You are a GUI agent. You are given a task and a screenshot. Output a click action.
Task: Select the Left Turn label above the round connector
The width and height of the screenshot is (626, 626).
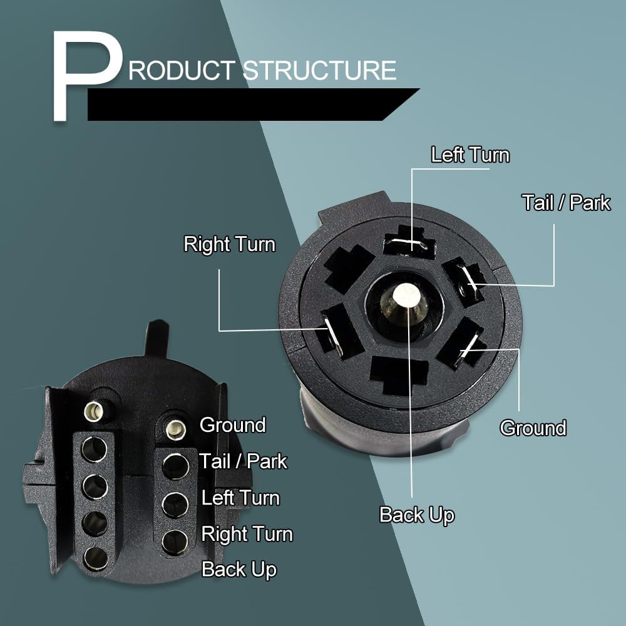coord(470,155)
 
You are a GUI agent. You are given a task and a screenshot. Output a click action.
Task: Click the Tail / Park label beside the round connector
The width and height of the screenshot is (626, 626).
coord(566,202)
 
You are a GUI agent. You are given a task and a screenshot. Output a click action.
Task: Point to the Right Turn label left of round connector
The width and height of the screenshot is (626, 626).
coord(229,244)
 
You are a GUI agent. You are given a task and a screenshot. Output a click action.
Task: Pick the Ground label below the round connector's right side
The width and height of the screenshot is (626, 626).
coord(533,428)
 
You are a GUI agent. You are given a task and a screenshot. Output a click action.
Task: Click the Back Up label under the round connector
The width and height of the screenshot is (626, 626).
coord(416,515)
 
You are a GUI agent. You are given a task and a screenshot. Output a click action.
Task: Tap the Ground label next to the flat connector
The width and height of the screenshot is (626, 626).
coord(232,425)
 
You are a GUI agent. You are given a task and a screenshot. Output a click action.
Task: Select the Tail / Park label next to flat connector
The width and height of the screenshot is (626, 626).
coord(244,461)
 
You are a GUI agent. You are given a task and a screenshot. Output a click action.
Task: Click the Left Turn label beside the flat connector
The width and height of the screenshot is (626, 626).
coord(240,498)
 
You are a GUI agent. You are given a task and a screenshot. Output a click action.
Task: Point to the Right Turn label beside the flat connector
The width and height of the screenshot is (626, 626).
coord(247,534)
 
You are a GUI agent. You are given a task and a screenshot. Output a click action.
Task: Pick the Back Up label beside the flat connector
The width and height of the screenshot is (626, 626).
coord(239,570)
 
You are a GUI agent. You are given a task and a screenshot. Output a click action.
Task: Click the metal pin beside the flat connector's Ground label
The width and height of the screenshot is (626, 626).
coord(175,429)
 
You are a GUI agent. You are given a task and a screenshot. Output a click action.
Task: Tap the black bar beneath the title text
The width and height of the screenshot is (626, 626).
coord(250,105)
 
